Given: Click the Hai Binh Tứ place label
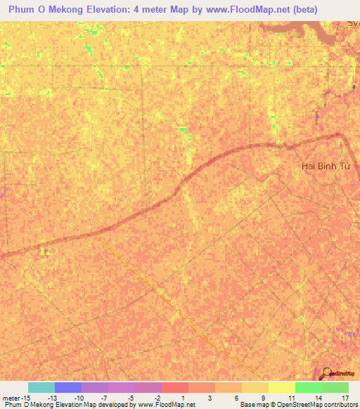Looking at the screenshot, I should pos(325,166).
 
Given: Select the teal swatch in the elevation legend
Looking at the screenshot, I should pos(41,387).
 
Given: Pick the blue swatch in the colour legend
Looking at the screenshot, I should pos(68,387).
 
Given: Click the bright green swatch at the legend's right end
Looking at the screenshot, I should pos(335,387).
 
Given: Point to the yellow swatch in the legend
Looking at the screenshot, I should pos(281,387).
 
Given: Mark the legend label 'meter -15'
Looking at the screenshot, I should pos(15,398).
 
